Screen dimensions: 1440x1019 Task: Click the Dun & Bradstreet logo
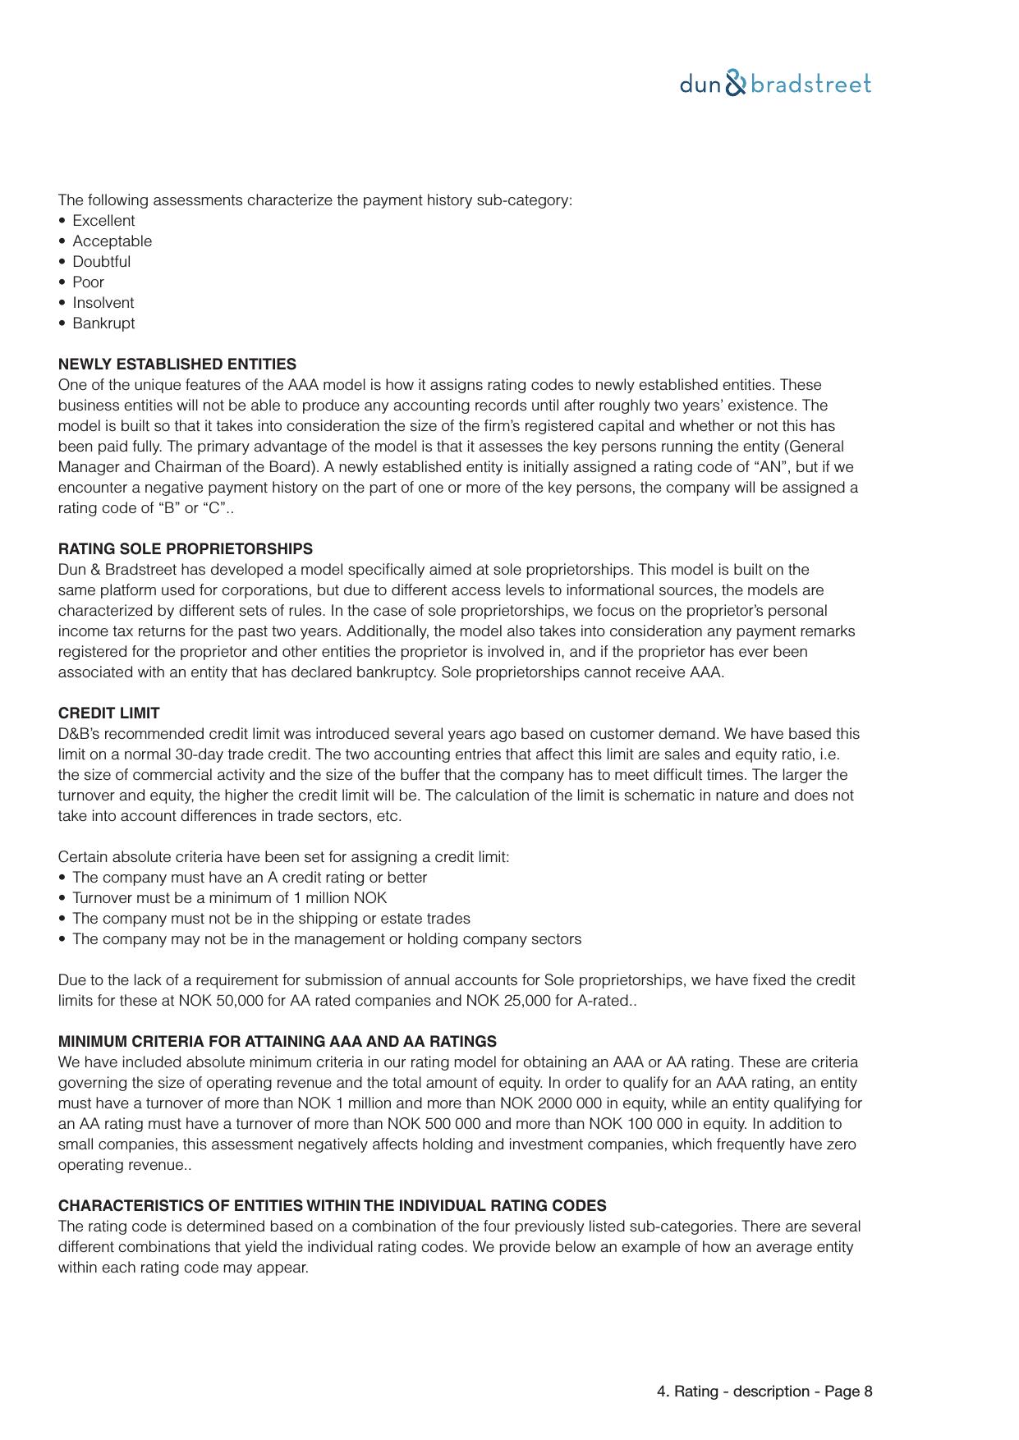point(775,84)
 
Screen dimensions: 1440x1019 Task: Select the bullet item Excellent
point(103,221)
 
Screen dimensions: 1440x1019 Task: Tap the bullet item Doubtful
point(101,262)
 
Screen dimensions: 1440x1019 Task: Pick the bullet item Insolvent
point(103,303)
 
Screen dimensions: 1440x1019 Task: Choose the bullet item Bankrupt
point(103,323)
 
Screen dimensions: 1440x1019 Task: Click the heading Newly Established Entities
point(177,365)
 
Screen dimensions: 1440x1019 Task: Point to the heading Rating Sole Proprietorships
point(185,549)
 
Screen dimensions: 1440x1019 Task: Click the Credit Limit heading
point(108,713)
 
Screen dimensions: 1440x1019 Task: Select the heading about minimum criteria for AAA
point(277,1042)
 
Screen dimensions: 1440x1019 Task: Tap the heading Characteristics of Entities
point(332,1206)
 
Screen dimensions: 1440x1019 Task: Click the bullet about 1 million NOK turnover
point(229,898)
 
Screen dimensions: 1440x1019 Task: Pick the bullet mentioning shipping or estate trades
point(271,919)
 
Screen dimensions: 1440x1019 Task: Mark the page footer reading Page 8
point(764,1392)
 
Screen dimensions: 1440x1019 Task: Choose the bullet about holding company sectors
point(327,939)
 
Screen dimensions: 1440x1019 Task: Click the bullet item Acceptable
point(112,241)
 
